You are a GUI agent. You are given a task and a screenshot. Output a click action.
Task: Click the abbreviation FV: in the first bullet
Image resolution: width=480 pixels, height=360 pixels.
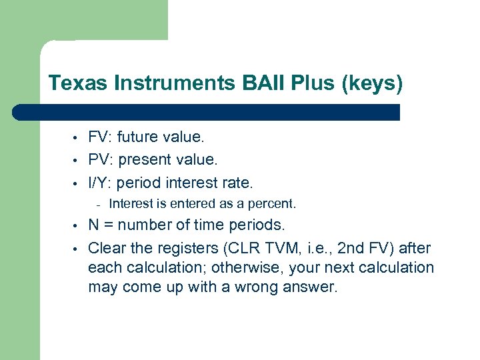(x=100, y=137)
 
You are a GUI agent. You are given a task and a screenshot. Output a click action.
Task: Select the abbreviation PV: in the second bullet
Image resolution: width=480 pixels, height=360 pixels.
(x=100, y=160)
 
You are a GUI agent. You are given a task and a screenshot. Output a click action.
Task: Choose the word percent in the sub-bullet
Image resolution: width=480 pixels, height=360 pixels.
(x=273, y=203)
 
